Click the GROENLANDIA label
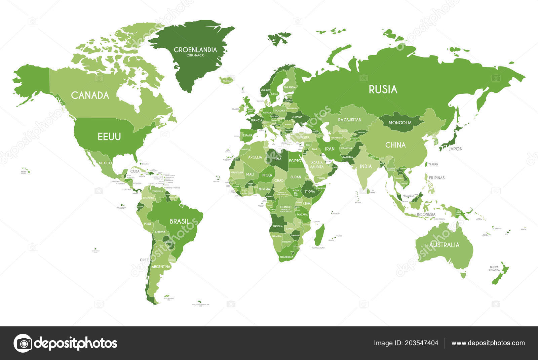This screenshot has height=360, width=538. (195, 50)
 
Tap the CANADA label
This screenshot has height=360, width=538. (90, 95)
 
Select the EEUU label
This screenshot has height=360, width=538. (109, 136)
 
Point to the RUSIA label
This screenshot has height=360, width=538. (383, 89)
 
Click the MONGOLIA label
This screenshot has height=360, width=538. (400, 123)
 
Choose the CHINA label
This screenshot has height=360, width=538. (395, 145)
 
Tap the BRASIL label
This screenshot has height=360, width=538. (179, 222)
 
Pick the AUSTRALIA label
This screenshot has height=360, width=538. (444, 245)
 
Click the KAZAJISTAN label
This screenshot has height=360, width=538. (350, 120)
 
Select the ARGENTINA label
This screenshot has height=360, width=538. (161, 267)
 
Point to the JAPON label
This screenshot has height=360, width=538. (456, 149)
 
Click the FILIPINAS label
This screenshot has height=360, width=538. (437, 177)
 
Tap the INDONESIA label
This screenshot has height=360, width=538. (426, 214)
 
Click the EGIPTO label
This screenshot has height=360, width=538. (295, 161)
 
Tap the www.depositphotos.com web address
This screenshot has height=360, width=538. (488, 343)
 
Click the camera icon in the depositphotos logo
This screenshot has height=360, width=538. (23, 343)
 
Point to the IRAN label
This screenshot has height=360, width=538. (330, 149)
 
